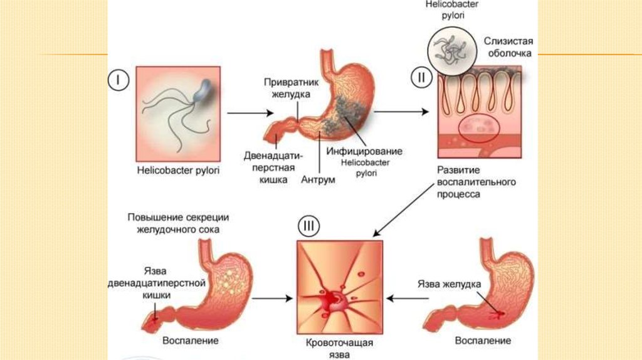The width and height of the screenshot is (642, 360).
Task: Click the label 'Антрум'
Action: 318,180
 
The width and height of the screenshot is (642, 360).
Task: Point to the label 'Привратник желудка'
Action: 287,88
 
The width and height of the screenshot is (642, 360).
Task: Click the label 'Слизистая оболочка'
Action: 507,47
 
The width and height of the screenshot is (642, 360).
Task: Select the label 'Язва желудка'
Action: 450,284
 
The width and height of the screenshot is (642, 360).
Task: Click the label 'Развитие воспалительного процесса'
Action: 476,182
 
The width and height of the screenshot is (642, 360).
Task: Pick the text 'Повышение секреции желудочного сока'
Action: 178,223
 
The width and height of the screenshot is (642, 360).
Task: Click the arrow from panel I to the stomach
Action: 249,113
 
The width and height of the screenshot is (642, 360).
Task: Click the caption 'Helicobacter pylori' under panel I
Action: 178,171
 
